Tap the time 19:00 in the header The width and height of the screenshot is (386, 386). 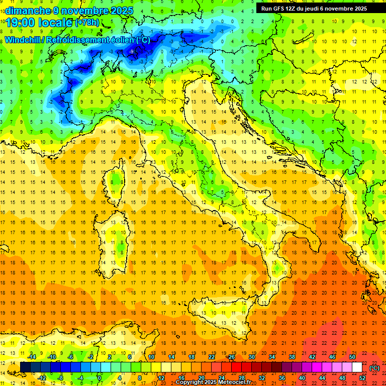pos(22,22)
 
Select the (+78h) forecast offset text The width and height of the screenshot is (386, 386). pos(87,23)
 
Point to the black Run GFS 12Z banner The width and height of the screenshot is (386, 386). pos(314,9)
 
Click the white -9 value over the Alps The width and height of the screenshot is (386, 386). pos(132,52)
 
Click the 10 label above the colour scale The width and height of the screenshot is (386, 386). pos(151,356)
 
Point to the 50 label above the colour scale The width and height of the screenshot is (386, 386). pos(352,356)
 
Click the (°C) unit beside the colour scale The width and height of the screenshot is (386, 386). pos(374,367)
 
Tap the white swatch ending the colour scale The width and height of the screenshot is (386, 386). pos(357,367)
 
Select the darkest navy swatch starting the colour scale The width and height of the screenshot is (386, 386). pos(25,367)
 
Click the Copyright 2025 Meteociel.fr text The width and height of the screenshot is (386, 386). pos(217,382)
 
